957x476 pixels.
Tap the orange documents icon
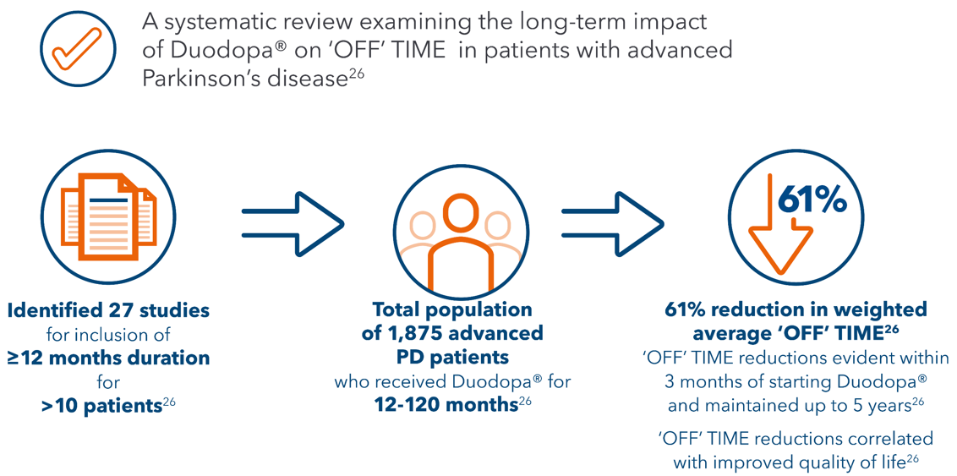(x=107, y=215)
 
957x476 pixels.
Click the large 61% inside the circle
(x=812, y=200)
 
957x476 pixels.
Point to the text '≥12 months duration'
(x=107, y=358)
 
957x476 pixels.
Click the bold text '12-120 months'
(x=446, y=405)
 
